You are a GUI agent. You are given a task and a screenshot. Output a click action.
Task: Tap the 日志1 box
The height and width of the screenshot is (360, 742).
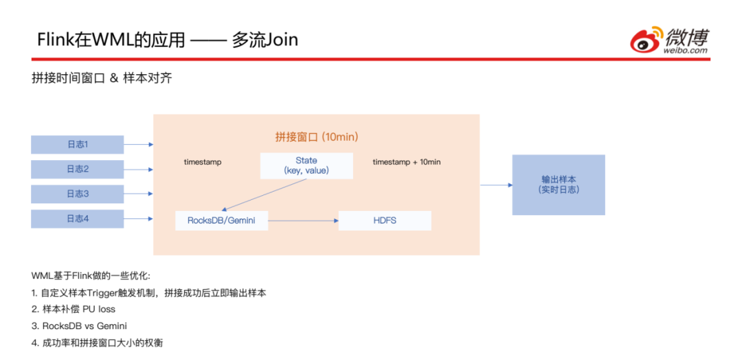click(78, 144)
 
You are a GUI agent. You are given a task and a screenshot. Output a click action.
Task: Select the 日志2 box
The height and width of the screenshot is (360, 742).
click(78, 169)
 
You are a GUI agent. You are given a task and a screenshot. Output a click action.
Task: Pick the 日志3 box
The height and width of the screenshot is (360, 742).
click(78, 194)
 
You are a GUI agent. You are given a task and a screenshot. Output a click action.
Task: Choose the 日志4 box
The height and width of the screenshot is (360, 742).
click(78, 219)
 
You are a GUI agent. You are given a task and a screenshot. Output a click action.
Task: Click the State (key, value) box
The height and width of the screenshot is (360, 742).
click(306, 166)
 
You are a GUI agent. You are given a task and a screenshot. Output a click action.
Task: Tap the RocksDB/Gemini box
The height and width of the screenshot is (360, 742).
click(221, 221)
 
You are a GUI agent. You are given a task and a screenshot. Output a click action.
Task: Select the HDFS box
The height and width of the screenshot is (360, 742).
click(385, 221)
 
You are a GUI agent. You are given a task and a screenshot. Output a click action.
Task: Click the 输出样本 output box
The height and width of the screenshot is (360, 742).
click(559, 184)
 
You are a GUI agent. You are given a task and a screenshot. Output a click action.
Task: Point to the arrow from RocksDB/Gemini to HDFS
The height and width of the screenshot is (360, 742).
click(303, 221)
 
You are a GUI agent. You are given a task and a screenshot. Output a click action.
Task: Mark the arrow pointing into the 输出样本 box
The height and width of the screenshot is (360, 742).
click(495, 185)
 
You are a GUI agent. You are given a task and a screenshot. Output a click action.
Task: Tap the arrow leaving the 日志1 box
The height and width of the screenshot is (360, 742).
click(138, 144)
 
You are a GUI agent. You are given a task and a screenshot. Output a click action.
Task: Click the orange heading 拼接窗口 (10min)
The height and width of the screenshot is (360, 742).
click(317, 137)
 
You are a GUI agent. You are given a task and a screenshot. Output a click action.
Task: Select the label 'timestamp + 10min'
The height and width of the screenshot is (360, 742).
click(407, 162)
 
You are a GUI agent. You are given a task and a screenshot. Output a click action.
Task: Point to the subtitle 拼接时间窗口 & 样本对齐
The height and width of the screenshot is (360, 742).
click(102, 78)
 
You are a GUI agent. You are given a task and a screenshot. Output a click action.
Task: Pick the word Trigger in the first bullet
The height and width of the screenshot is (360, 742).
click(105, 293)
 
